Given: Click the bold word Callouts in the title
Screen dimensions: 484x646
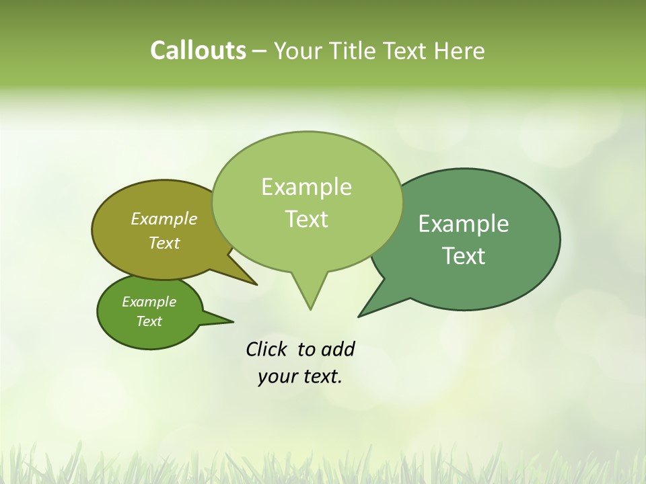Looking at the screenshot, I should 198,50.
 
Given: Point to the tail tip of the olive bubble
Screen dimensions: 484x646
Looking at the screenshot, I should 256,284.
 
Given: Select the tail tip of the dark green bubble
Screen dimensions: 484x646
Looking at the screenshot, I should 359,316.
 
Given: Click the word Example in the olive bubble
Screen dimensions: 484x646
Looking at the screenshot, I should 164,218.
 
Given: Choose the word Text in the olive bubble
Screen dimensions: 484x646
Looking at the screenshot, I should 164,243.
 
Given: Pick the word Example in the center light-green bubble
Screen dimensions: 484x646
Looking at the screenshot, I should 306,186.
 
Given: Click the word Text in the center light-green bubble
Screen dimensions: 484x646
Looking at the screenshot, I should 306,218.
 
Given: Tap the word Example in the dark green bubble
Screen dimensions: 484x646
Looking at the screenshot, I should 464,223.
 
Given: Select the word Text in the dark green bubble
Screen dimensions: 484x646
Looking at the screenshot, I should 464,255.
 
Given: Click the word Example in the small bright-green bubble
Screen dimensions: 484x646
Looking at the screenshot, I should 149,302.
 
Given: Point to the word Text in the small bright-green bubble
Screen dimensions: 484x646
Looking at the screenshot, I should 149,321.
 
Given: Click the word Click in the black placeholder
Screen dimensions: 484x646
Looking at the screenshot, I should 266,349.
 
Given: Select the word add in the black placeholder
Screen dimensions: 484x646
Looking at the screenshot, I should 338,349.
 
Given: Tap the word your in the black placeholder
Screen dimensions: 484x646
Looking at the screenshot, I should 277,376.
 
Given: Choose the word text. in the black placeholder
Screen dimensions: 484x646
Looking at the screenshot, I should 321,376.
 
